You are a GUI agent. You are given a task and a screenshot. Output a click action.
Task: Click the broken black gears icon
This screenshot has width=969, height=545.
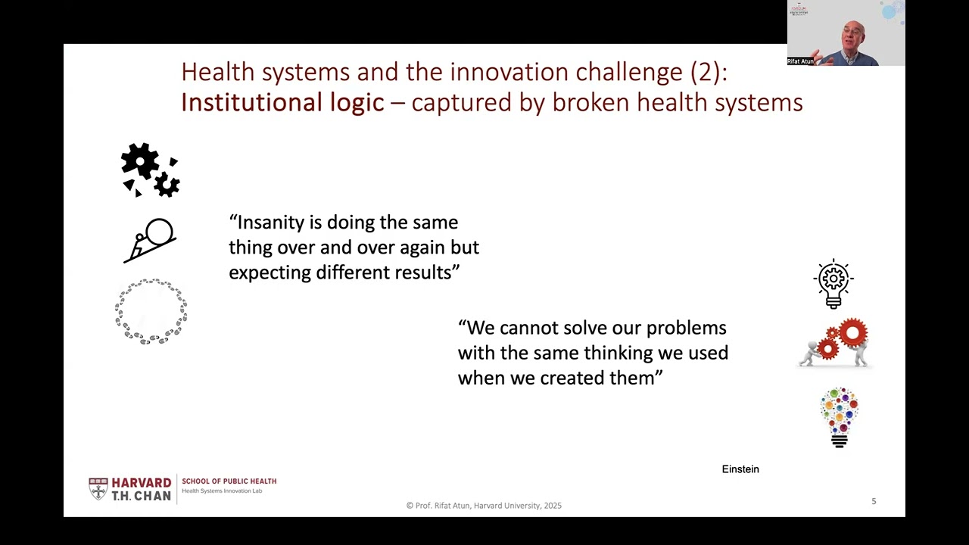151,170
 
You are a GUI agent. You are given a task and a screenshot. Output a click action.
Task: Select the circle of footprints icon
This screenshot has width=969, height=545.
151,311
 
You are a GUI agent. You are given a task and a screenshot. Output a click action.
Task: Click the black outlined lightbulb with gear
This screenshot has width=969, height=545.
833,283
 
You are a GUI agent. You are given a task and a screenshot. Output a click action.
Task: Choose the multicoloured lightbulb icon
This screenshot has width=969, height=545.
839,417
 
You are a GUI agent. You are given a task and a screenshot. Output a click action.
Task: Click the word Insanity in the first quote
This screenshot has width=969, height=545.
270,223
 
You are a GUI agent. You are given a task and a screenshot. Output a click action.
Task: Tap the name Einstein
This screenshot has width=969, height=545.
740,469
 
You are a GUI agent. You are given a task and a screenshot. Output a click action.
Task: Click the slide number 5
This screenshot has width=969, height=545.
874,501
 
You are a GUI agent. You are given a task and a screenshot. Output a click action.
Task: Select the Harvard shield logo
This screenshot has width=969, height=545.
98,488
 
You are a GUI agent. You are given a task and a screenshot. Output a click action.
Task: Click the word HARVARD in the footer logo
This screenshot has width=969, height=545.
142,483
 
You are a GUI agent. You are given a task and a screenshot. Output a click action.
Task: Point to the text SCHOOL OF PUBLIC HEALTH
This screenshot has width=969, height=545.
229,481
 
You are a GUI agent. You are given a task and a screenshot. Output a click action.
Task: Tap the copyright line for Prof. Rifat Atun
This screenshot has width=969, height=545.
484,506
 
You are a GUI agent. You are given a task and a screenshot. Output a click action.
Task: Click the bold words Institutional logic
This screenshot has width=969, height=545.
282,102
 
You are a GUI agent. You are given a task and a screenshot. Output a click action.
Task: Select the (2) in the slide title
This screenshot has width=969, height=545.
708,72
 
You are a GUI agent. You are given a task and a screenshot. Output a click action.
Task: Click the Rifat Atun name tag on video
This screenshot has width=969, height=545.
800,61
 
